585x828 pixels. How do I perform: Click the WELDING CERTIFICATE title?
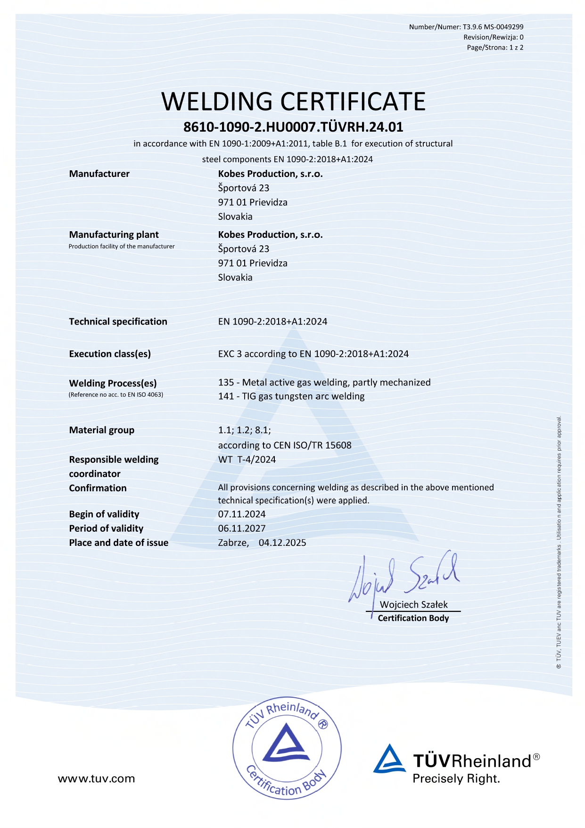click(x=293, y=101)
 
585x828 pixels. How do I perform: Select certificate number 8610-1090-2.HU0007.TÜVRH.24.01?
click(x=293, y=127)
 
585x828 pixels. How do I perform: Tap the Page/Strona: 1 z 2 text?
click(x=495, y=47)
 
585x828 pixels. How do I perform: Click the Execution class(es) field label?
click(x=110, y=354)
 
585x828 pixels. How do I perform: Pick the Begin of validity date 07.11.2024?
click(x=242, y=514)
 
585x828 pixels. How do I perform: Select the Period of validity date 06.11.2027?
click(x=242, y=528)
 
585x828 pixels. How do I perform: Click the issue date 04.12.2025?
click(x=282, y=543)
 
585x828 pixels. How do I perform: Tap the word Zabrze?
click(x=233, y=543)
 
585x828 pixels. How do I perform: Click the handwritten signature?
click(x=403, y=578)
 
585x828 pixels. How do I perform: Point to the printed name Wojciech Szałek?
click(x=414, y=604)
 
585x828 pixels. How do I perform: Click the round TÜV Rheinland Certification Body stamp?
click(x=287, y=748)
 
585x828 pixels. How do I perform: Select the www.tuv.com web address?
click(x=96, y=778)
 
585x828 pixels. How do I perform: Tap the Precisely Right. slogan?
click(x=456, y=778)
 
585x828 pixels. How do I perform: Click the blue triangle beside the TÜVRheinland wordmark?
click(x=389, y=760)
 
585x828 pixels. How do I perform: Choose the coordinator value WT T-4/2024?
click(x=247, y=460)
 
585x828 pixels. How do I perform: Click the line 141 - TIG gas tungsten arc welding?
click(x=291, y=396)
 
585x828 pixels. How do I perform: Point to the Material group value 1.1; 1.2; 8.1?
click(x=244, y=430)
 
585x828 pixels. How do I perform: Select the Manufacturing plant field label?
click(x=114, y=234)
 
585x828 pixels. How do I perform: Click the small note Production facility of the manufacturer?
click(x=122, y=246)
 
